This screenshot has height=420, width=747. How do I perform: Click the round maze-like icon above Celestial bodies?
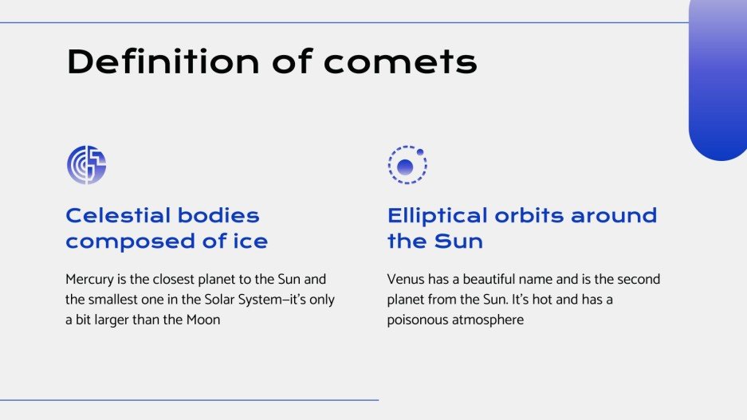86,165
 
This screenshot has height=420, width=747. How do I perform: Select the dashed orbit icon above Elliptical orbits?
407,166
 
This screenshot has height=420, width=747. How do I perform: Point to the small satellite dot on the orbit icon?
420,151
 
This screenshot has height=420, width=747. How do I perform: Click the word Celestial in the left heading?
117,215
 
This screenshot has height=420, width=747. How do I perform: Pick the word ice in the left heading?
248,241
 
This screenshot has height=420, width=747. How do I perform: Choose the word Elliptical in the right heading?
448,215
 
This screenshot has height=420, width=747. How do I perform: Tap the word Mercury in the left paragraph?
90,280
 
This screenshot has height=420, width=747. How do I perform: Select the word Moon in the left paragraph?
202,320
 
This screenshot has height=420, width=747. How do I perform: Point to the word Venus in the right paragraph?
405,280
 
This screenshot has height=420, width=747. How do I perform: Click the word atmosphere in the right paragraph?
489,320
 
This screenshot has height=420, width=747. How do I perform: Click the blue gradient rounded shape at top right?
718,80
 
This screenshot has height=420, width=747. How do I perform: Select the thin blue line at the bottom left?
189,399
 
